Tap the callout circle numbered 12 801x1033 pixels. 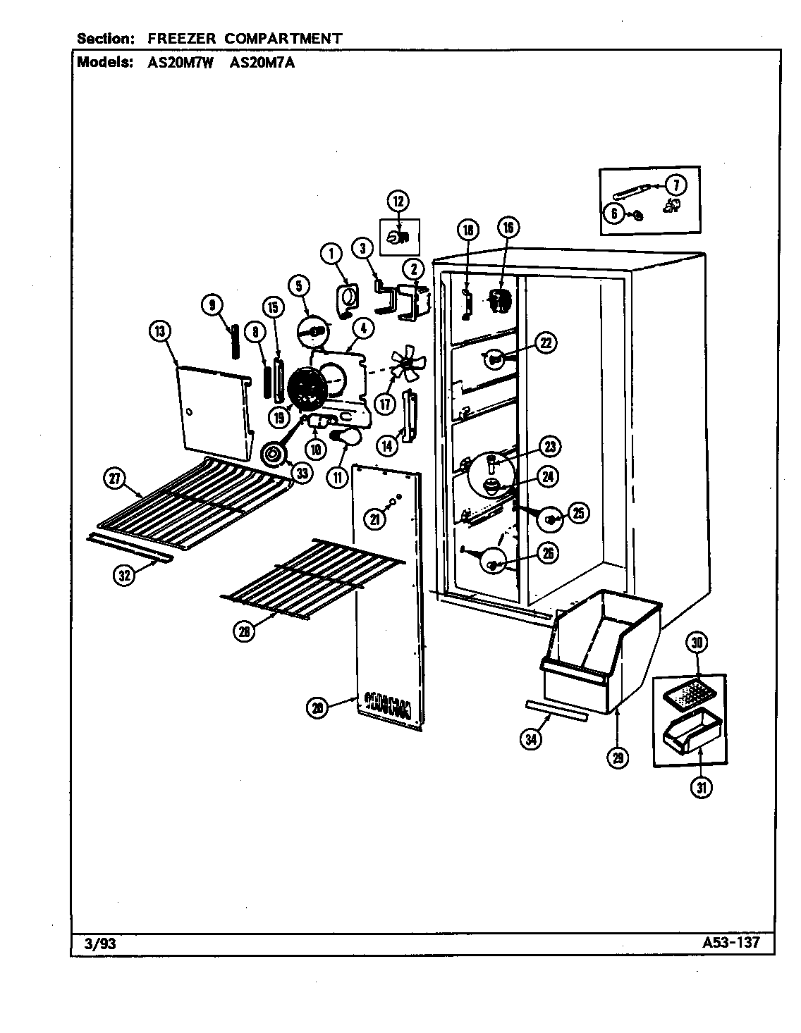click(x=398, y=202)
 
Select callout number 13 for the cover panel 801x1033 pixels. click(x=160, y=330)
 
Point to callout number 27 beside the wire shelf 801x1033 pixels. click(x=114, y=479)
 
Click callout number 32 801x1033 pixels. click(x=124, y=575)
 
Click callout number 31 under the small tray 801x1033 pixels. click(x=701, y=788)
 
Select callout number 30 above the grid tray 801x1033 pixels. click(x=697, y=643)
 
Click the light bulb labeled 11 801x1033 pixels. click(x=344, y=440)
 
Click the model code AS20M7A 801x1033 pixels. click(x=262, y=62)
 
